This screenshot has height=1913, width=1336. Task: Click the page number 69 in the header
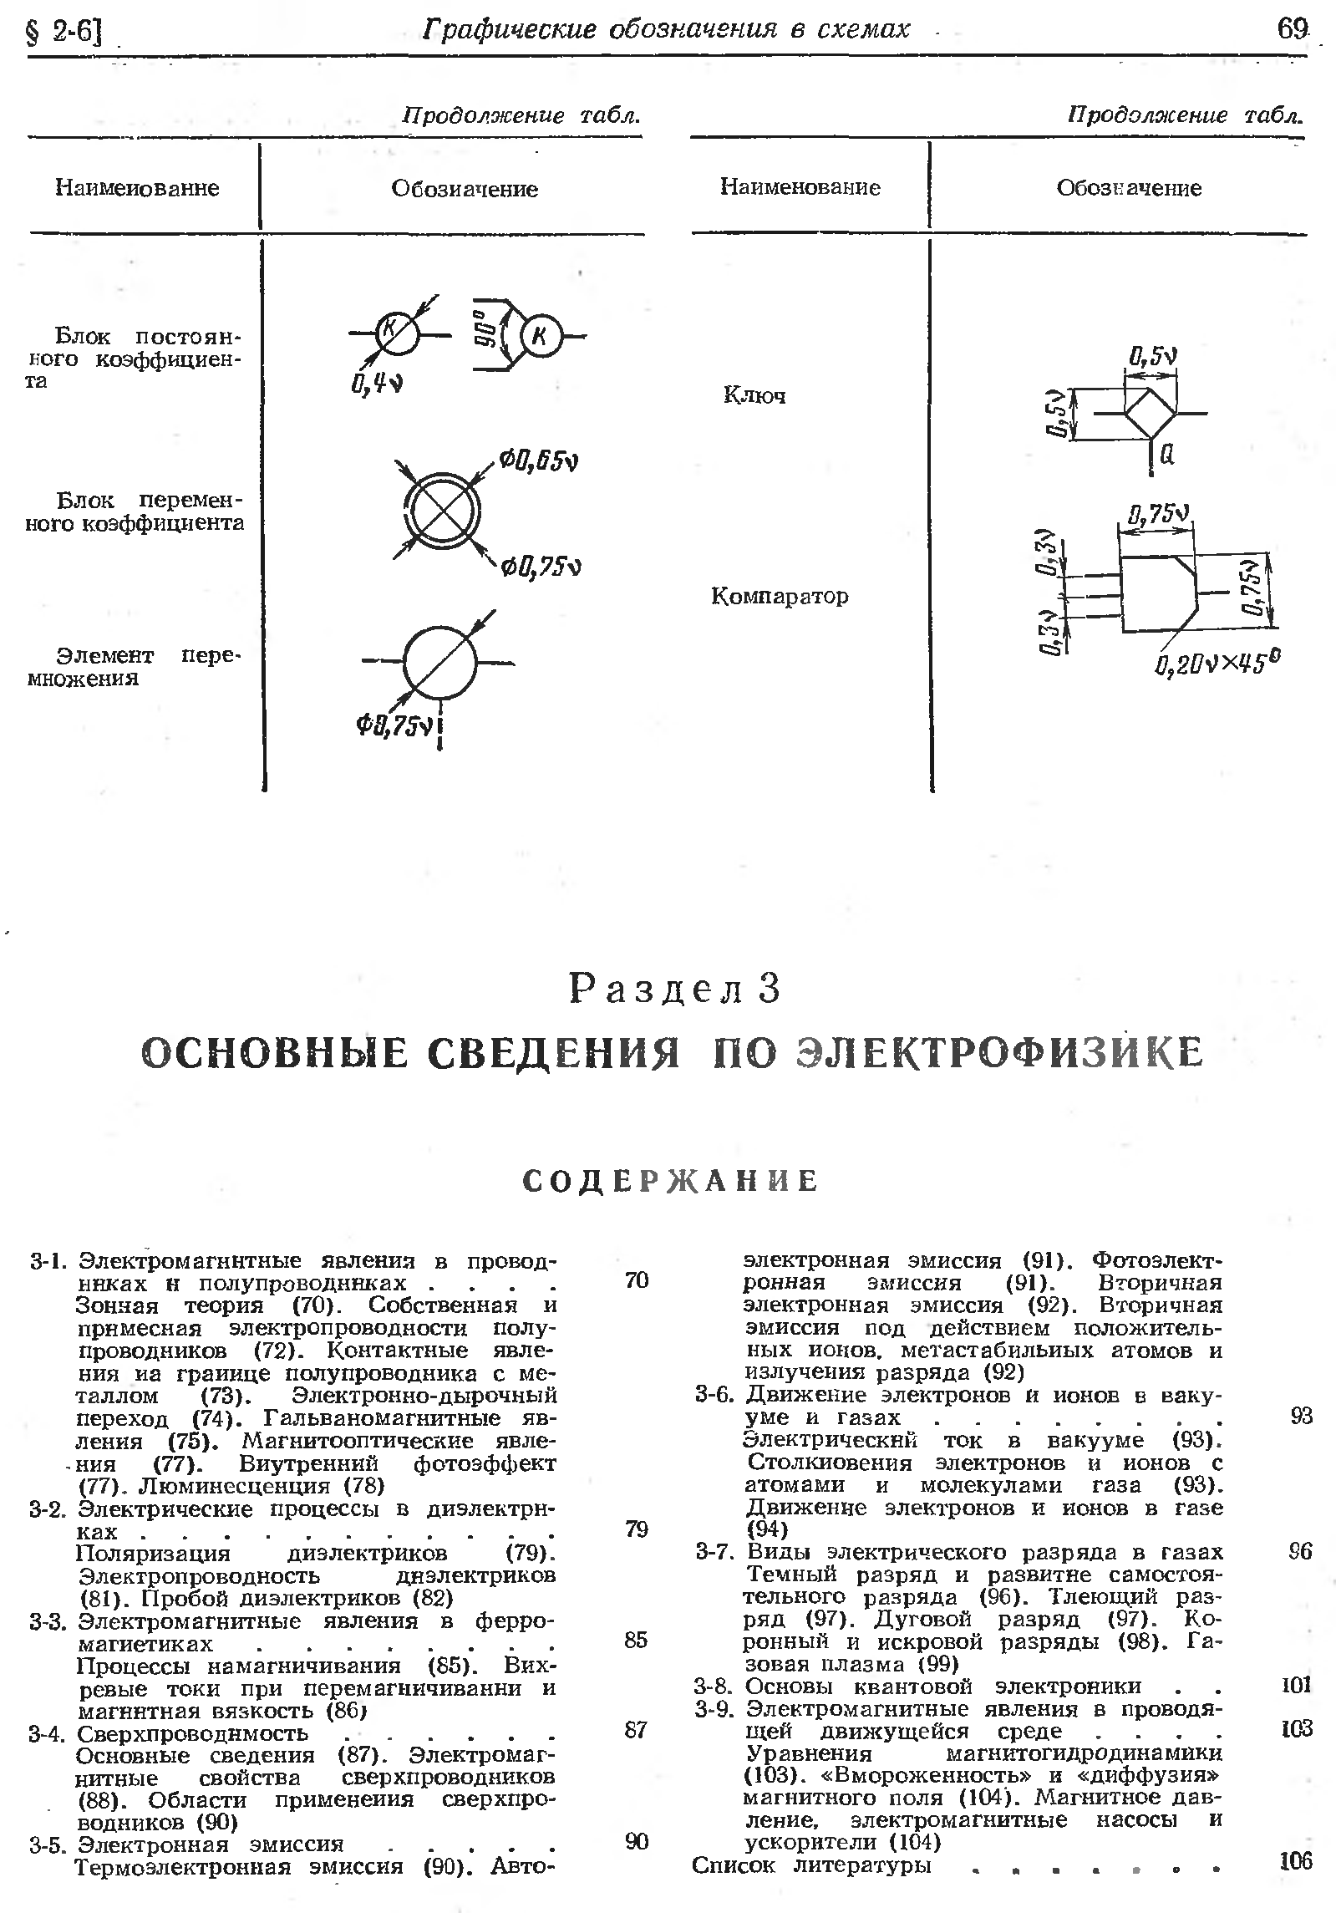1292,30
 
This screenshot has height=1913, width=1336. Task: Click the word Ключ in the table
754,395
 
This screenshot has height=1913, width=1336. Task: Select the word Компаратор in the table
779,596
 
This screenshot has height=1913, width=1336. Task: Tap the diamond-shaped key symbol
1151,413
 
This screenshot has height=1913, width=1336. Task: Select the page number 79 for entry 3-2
637,1529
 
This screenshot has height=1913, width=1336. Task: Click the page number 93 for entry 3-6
1301,1416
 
